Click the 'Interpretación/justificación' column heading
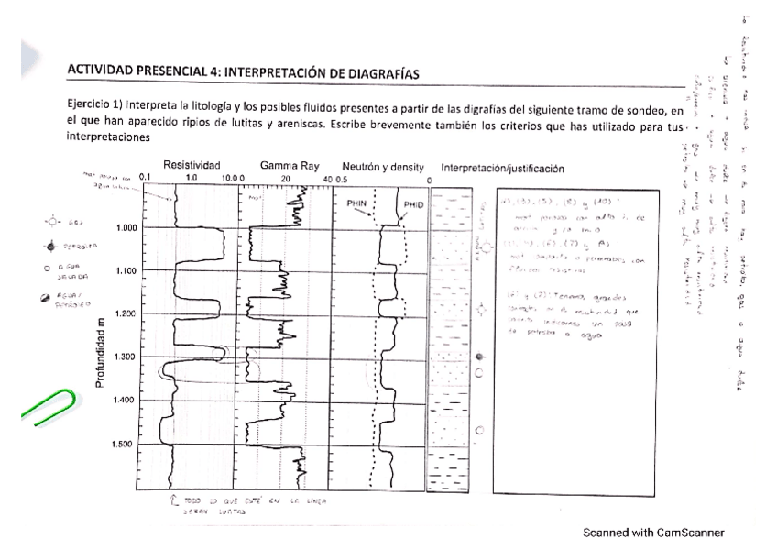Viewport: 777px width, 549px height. coord(502,169)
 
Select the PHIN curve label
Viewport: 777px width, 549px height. coord(356,206)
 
